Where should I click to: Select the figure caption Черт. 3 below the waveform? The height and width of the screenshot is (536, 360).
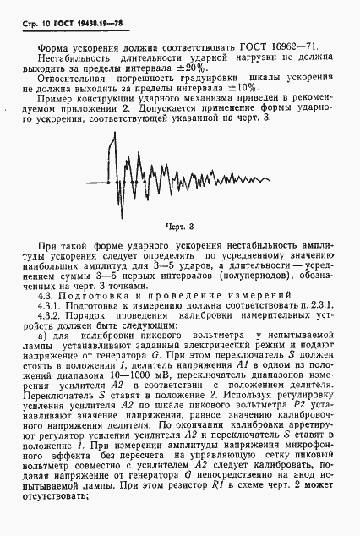click(179, 226)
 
